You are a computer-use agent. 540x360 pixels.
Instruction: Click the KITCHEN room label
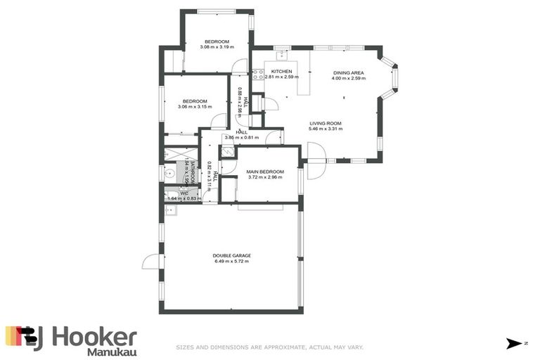click(x=282, y=72)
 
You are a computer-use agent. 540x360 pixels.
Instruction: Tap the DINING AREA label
click(x=348, y=72)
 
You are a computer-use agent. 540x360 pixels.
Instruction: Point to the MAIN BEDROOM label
click(x=265, y=172)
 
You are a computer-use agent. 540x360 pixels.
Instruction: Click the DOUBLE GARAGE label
click(x=232, y=255)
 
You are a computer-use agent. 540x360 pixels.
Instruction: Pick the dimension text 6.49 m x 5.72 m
click(x=232, y=262)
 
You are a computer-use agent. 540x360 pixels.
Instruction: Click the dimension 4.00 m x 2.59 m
click(x=348, y=78)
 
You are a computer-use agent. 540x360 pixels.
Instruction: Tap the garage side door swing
click(x=150, y=262)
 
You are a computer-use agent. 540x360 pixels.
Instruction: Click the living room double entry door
click(x=316, y=156)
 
